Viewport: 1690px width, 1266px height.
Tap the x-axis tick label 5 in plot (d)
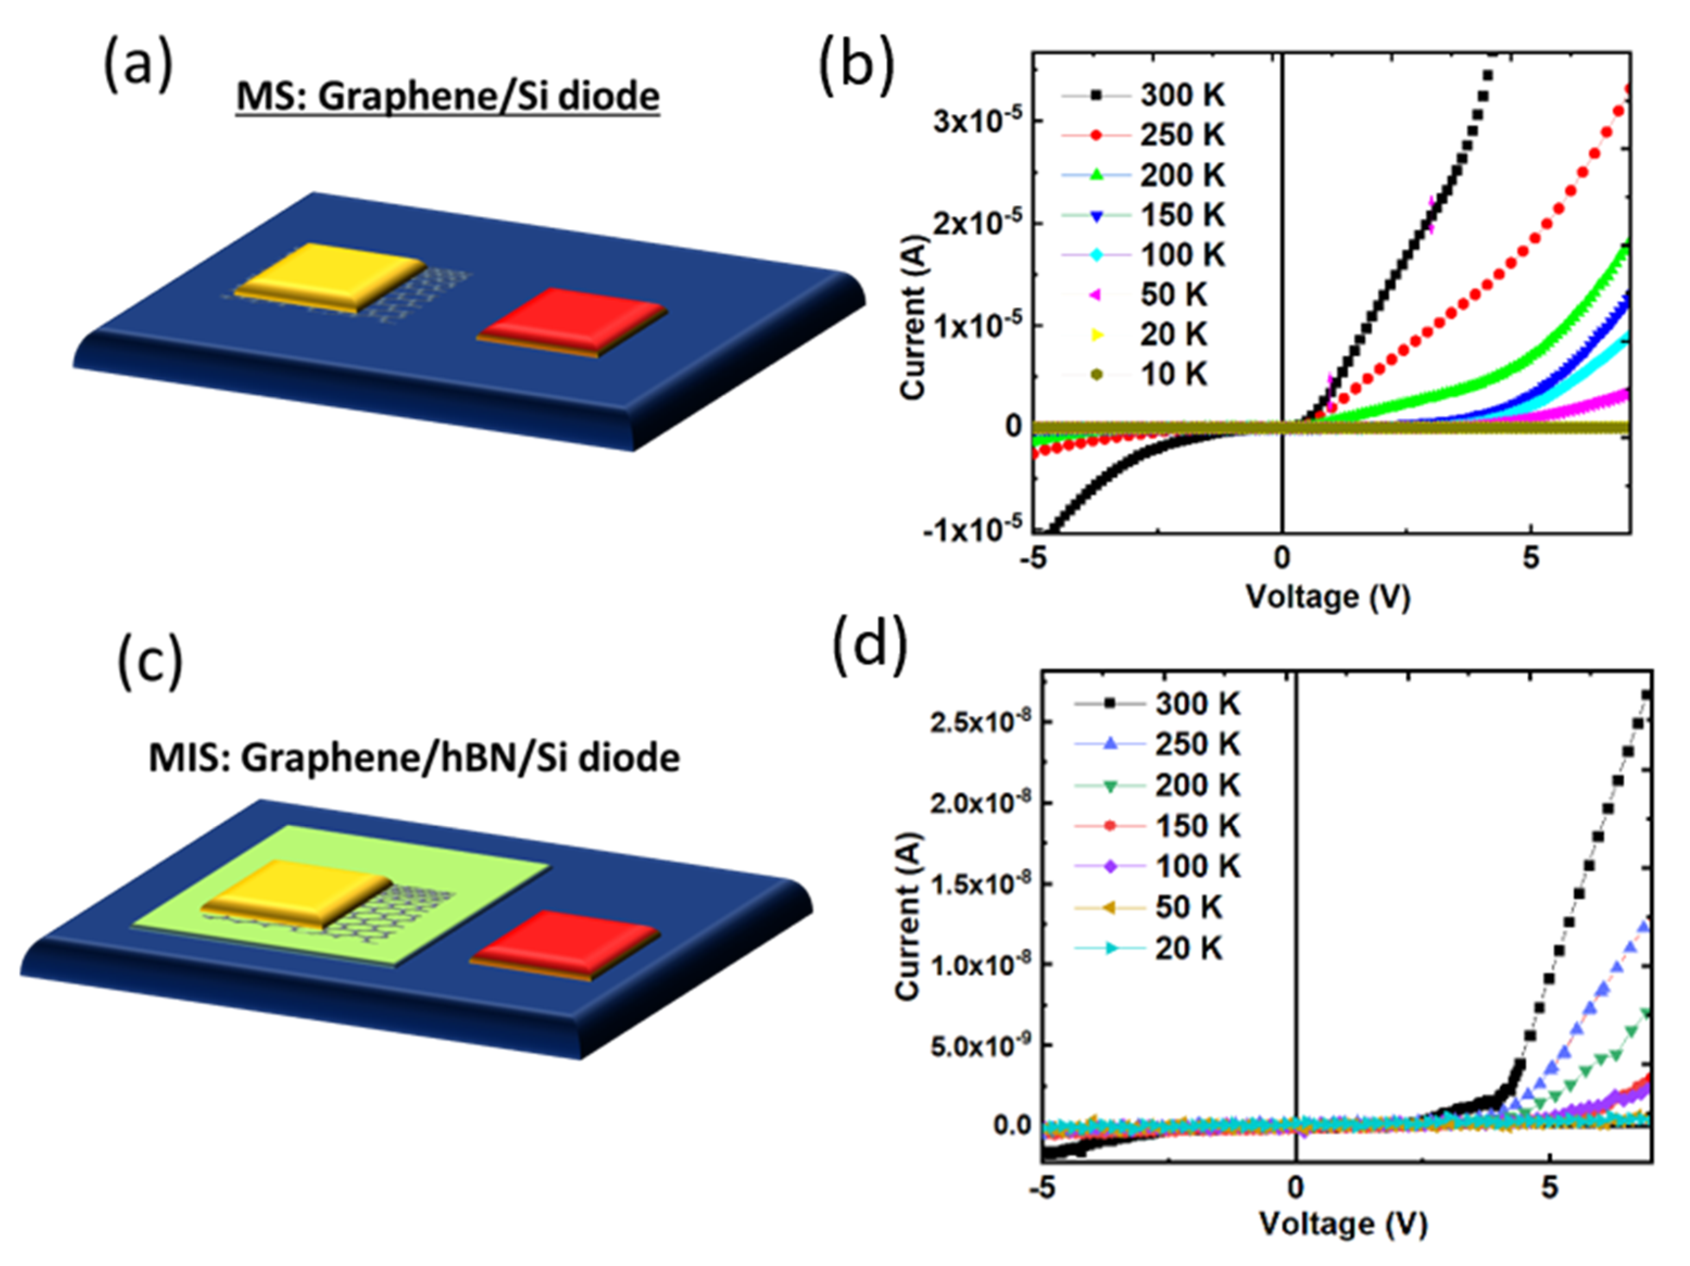tap(1549, 1188)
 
